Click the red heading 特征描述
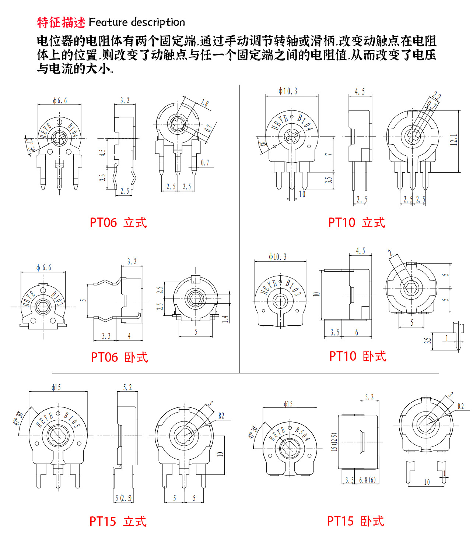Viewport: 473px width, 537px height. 61,22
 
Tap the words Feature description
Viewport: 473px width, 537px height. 137,22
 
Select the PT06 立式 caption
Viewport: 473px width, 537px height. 118,223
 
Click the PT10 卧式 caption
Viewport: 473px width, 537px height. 357,356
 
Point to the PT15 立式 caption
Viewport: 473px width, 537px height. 118,522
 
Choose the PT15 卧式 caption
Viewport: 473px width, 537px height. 355,521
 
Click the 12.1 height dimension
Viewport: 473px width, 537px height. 454,140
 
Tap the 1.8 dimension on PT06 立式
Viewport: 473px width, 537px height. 204,103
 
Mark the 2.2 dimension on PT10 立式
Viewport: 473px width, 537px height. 436,96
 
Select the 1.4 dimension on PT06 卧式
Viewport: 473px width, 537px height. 225,319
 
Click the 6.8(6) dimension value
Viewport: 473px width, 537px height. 367,480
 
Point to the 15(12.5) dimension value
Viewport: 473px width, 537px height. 334,442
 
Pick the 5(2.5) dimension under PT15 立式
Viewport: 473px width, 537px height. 123,498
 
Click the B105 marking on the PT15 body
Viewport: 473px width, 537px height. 71,420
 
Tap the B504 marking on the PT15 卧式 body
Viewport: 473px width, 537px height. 302,434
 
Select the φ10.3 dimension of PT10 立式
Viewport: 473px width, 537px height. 288,91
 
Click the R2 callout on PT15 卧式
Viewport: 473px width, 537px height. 460,406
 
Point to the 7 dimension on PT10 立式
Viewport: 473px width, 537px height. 328,154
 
